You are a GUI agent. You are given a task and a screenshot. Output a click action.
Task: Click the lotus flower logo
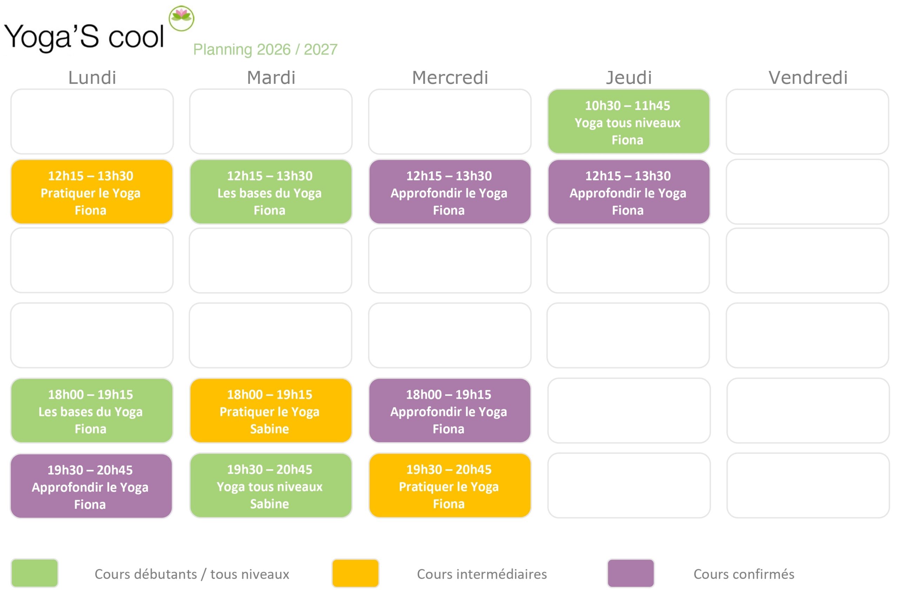(181, 18)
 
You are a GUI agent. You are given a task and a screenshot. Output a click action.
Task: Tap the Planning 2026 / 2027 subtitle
(265, 49)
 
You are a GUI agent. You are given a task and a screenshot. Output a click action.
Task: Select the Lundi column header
(92, 78)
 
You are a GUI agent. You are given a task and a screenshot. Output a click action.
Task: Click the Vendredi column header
(808, 78)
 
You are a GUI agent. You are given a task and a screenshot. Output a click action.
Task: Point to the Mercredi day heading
(450, 78)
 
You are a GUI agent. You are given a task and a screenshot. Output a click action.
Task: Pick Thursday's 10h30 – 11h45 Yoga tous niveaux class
(629, 121)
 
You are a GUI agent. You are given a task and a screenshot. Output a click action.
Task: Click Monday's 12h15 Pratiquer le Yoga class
(92, 192)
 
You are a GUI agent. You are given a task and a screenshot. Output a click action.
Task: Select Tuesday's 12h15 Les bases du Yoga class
(270, 192)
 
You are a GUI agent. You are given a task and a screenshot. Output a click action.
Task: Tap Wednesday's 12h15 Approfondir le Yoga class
(450, 192)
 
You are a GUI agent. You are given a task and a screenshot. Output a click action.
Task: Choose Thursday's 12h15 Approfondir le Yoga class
(629, 192)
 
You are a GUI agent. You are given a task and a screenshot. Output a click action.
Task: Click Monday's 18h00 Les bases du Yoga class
(92, 411)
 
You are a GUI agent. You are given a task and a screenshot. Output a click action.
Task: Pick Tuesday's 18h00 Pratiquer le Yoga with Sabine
(270, 411)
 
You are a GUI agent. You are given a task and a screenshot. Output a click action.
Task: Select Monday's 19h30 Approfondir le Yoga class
(91, 486)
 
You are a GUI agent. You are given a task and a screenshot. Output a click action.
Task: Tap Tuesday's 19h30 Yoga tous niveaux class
(270, 485)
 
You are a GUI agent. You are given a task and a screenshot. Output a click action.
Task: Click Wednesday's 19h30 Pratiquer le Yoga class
(450, 485)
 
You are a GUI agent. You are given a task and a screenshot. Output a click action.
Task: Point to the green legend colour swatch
(35, 573)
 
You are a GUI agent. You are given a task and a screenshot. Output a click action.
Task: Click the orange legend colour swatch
(355, 573)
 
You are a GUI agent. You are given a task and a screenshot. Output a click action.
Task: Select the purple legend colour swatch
(630, 573)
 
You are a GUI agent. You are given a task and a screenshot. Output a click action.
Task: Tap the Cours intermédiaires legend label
(482, 574)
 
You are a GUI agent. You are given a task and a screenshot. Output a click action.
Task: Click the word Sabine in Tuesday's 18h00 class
(269, 429)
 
